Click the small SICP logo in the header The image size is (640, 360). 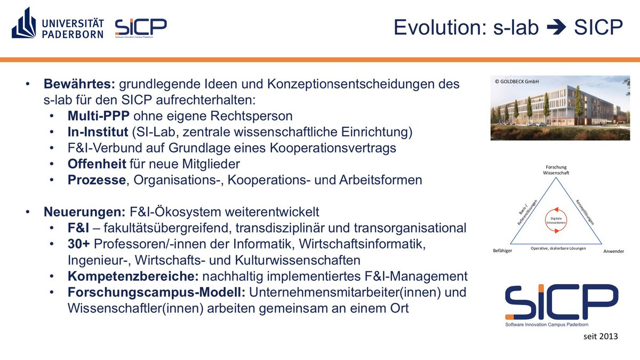(141, 28)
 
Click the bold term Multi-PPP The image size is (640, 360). (99, 115)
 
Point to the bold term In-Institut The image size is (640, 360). (98, 131)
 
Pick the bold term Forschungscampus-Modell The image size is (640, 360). (156, 292)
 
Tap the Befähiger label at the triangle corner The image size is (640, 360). (502, 250)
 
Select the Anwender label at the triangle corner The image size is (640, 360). (613, 251)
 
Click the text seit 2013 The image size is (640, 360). (600, 337)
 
